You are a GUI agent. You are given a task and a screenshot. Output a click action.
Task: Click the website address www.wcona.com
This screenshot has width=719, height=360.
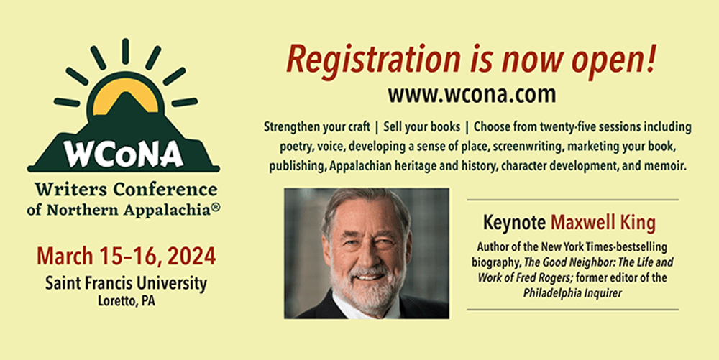point(472,94)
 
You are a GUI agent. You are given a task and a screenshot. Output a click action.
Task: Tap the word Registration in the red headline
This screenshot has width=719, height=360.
point(373,60)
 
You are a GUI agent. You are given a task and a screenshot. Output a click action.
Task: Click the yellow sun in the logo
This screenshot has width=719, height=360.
point(125,94)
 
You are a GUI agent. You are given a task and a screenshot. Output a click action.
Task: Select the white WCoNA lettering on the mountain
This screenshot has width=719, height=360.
point(124,154)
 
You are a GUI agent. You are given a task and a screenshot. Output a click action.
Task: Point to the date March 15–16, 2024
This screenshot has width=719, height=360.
point(126,257)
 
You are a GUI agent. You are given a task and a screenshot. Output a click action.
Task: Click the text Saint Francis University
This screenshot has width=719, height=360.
point(126,284)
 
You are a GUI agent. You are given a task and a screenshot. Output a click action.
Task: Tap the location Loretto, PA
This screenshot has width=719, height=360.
point(126,302)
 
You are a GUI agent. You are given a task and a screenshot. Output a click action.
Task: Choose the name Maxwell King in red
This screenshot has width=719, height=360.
point(603,223)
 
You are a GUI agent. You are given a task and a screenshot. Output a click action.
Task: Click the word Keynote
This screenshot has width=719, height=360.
point(515,223)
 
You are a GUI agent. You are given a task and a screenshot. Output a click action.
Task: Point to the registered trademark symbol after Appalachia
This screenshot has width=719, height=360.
point(216,207)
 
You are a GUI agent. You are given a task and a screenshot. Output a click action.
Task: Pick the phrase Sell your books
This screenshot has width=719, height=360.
point(421,127)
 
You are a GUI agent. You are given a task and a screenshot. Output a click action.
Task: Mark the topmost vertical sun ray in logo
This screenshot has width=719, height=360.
point(125,51)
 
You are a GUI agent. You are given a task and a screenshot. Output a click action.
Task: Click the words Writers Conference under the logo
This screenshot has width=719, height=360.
point(126,189)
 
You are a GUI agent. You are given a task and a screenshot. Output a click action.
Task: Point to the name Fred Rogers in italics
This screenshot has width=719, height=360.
point(552,278)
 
